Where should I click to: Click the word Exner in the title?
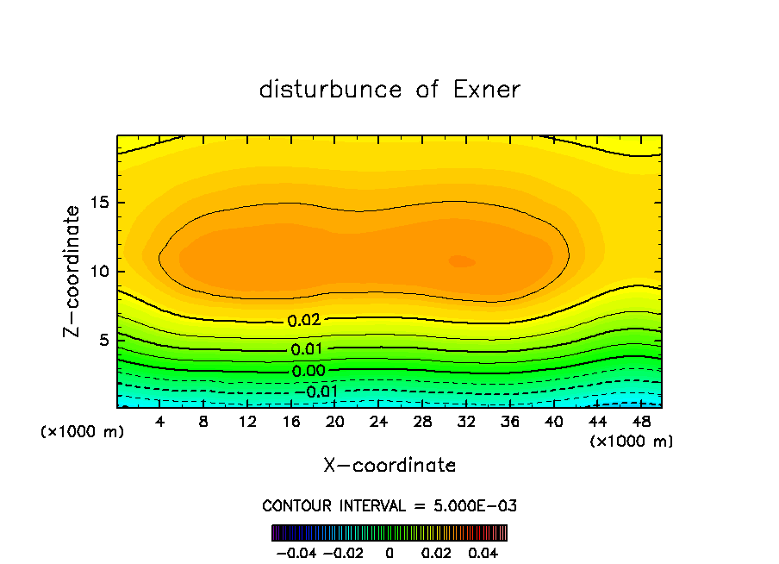pyautogui.click(x=486, y=90)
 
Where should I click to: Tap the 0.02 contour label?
pyautogui.click(x=304, y=320)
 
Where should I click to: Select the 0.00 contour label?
pyautogui.click(x=307, y=371)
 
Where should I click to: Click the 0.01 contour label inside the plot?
pyautogui.click(x=307, y=349)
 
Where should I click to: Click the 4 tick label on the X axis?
pyautogui.click(x=160, y=423)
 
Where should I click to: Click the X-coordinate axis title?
pyautogui.click(x=389, y=465)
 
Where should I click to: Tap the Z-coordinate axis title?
pyautogui.click(x=74, y=271)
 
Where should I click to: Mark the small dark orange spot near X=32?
pyautogui.click(x=462, y=260)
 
